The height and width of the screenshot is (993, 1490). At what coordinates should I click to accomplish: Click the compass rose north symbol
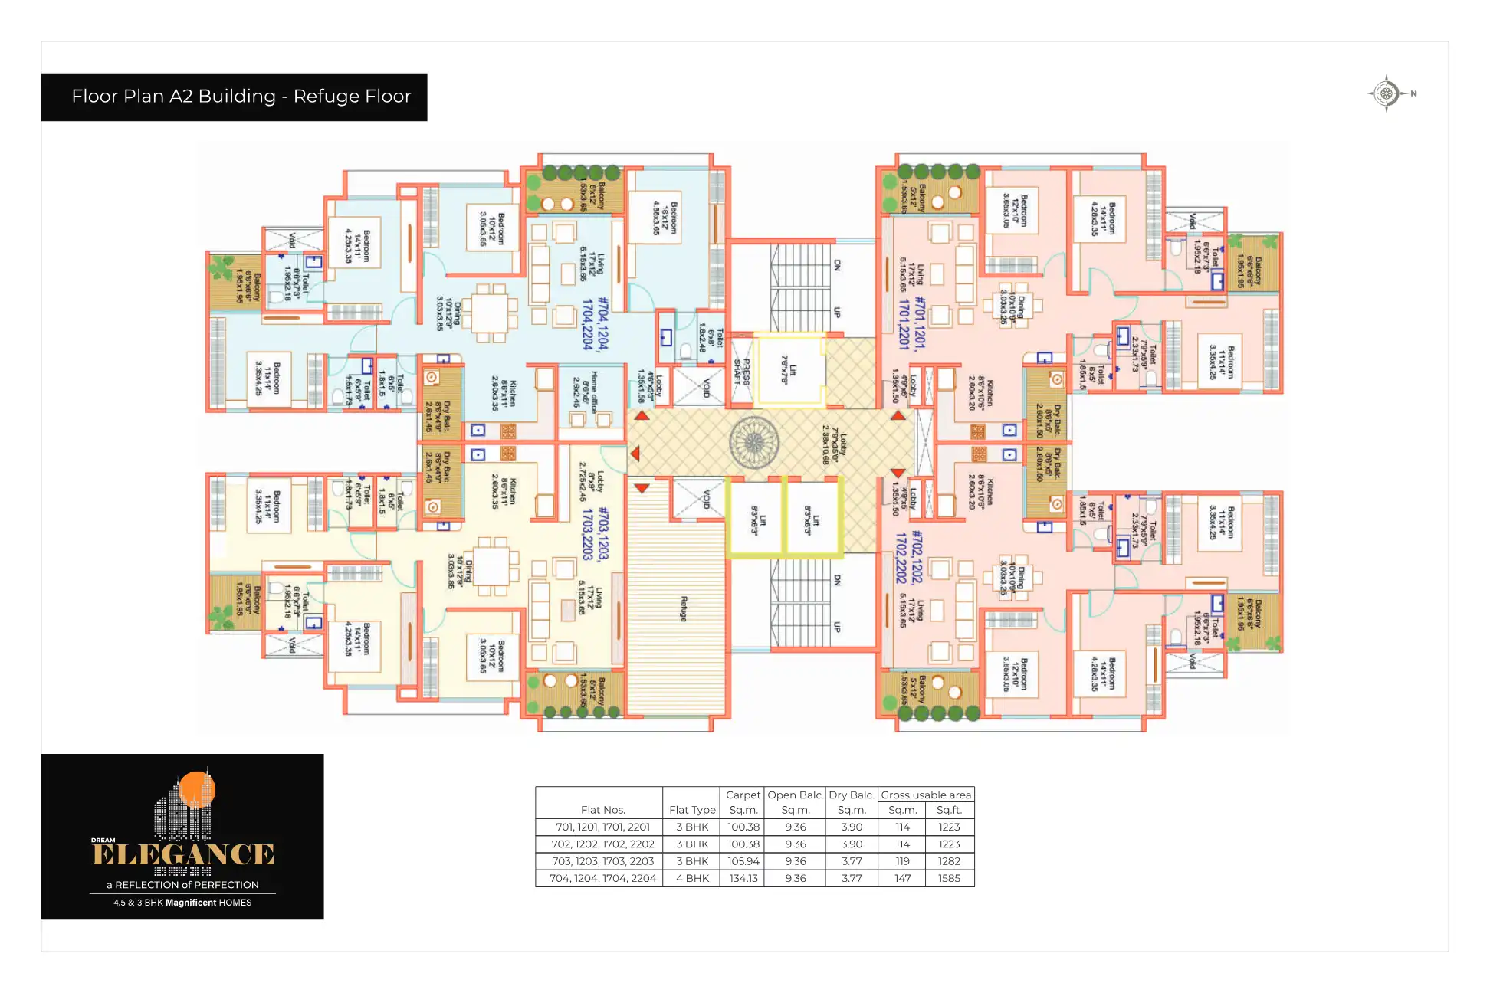point(1386,94)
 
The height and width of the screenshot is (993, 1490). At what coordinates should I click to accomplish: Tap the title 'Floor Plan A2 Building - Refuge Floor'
point(241,97)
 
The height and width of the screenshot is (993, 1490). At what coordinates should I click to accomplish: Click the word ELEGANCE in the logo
point(183,854)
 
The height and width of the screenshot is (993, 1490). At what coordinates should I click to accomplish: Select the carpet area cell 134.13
point(743,878)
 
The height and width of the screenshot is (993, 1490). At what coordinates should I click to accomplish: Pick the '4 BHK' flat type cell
point(692,878)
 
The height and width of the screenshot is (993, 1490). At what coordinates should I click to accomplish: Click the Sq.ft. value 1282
point(949,861)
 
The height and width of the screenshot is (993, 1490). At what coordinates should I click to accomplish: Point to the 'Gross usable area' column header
point(926,795)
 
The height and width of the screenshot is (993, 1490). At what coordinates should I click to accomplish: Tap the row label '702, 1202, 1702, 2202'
point(602,844)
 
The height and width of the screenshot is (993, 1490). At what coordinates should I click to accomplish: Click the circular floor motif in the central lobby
point(754,443)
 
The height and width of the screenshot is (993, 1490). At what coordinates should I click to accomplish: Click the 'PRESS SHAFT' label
point(742,371)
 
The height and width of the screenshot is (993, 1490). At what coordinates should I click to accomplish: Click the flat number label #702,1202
point(917,556)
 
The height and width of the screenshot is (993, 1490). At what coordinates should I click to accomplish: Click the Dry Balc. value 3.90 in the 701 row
point(852,827)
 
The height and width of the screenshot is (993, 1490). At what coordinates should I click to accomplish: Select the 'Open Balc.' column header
point(796,795)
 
